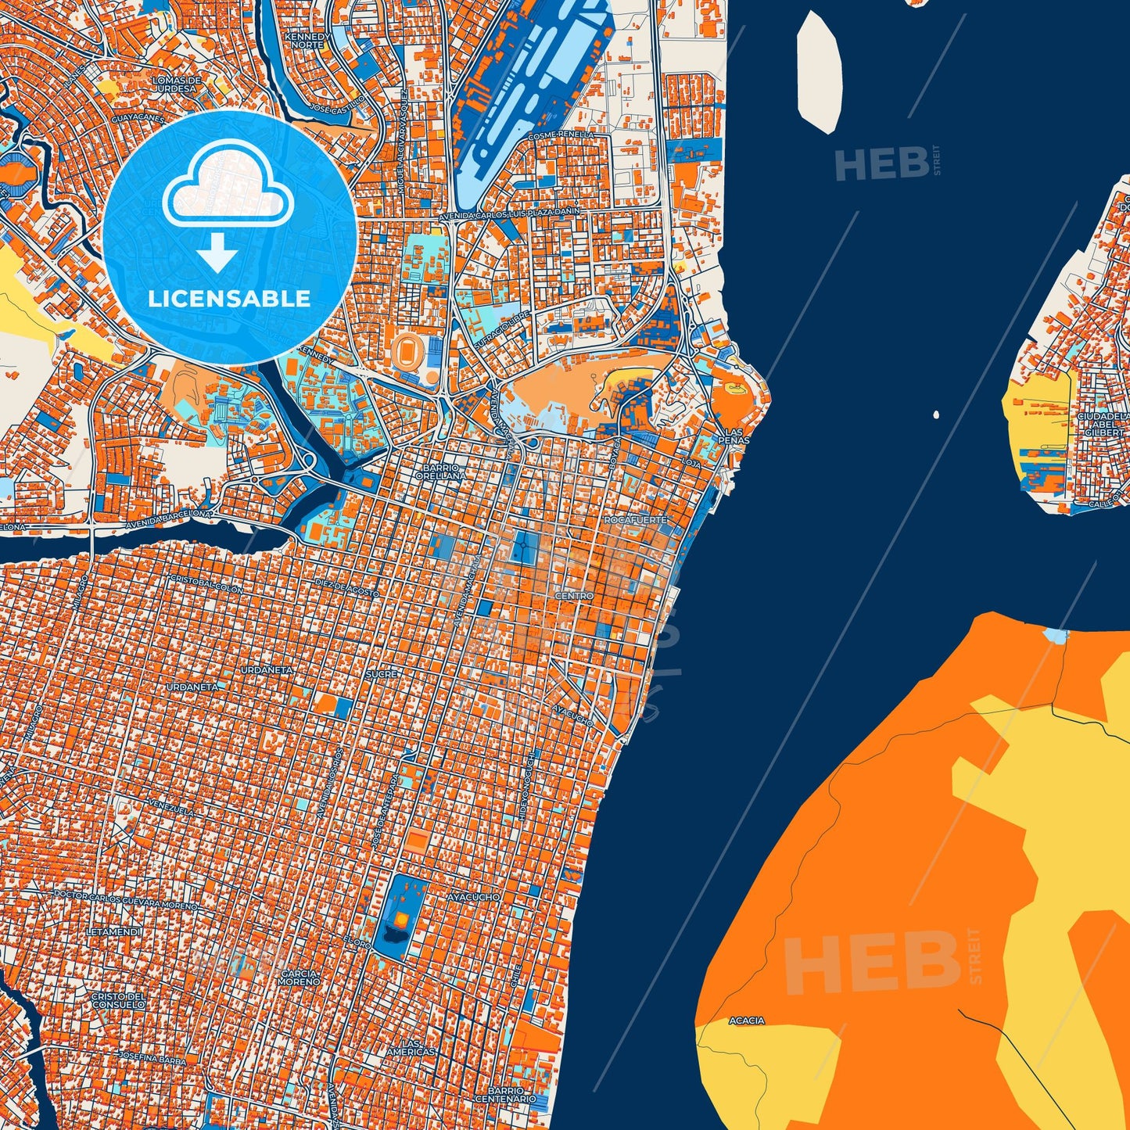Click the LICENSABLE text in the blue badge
[229, 299]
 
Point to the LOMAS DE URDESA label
[178, 84]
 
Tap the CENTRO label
[574, 596]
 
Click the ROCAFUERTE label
[636, 520]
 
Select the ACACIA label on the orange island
[746, 1021]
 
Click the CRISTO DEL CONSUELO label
[118, 1000]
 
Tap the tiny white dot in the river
[936, 414]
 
